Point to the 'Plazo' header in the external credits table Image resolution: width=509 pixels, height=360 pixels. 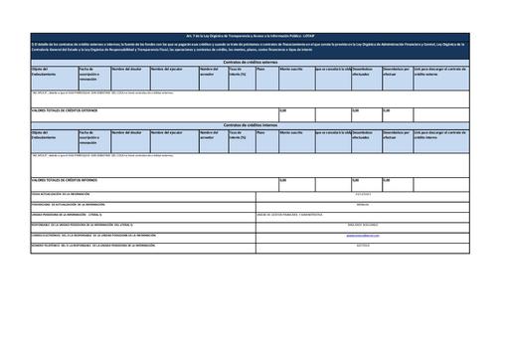260,69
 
